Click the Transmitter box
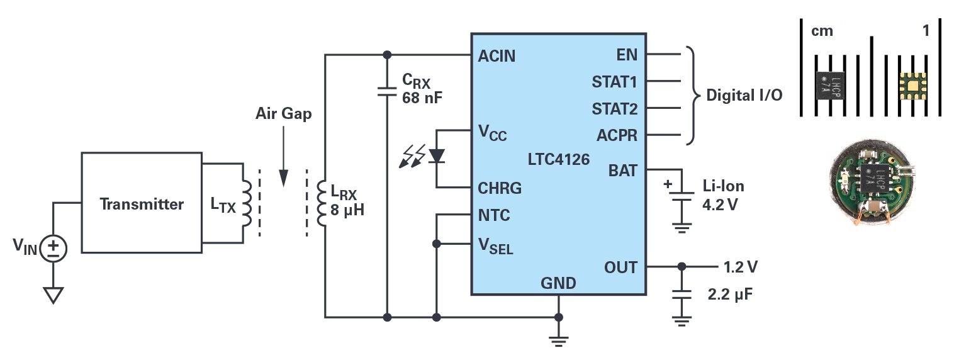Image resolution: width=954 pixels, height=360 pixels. [x=141, y=203]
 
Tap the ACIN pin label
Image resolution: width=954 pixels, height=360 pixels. [x=497, y=56]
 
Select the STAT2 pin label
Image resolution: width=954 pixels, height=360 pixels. [x=614, y=109]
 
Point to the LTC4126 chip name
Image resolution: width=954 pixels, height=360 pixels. [x=559, y=159]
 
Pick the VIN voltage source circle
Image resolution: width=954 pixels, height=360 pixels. [x=53, y=249]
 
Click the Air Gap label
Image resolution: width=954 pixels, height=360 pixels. [x=283, y=115]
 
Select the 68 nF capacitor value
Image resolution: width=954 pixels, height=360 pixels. [x=424, y=98]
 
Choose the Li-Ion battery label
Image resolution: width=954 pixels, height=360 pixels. [x=723, y=186]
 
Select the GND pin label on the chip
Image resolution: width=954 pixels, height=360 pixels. [x=558, y=283]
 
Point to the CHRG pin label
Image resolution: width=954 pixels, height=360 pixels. [x=500, y=188]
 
